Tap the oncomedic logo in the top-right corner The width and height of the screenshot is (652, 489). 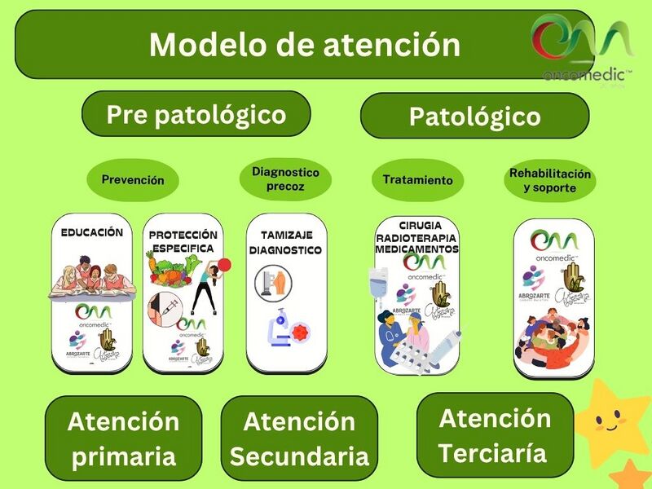click(x=580, y=47)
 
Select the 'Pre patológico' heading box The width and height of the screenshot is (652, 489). click(x=196, y=114)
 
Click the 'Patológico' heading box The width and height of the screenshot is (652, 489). click(x=474, y=117)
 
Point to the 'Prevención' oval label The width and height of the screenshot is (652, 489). click(x=133, y=180)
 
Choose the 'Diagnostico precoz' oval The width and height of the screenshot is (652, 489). click(x=285, y=179)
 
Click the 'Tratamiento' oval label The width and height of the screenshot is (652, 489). click(x=417, y=180)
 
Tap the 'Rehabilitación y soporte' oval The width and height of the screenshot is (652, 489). click(x=549, y=180)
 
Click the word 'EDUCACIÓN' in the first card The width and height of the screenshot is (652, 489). click(x=92, y=232)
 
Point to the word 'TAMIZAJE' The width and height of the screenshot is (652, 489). click(x=285, y=233)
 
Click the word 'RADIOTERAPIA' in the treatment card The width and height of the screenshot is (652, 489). click(x=416, y=237)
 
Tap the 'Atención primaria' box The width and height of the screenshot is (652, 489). click(x=123, y=438)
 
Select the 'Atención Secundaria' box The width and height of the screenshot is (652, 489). click(x=299, y=439)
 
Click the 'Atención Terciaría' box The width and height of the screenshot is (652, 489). click(x=495, y=435)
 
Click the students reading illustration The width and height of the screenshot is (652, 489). click(x=90, y=275)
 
